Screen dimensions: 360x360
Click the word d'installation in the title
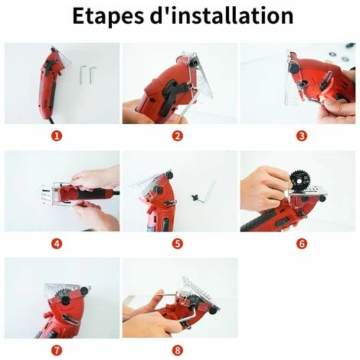point(222,15)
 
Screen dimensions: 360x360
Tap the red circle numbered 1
point(57,136)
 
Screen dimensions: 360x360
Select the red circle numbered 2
point(178,136)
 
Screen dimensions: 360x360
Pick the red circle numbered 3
point(302,136)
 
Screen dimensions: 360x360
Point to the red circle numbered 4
point(57,244)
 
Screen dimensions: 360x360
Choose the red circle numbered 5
point(178,244)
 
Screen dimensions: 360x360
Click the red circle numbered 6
point(302,244)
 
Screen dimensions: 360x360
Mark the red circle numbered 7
point(57,350)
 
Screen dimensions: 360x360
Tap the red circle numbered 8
point(178,350)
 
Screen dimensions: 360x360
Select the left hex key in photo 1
point(82,74)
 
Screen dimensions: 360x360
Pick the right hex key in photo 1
point(91,74)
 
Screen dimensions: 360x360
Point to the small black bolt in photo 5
point(195,198)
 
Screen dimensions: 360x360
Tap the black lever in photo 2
point(172,96)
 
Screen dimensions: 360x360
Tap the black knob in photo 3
point(293,68)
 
